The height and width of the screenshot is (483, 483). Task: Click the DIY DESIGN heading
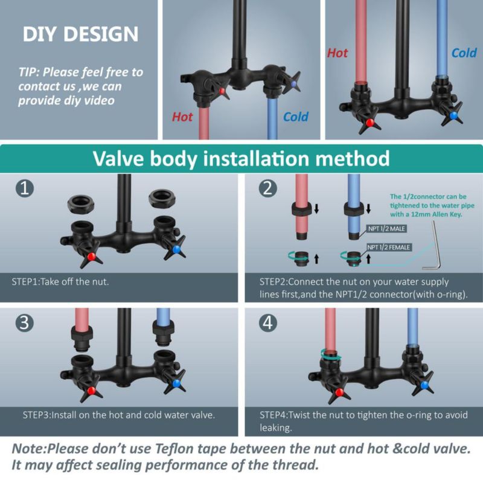[80, 34]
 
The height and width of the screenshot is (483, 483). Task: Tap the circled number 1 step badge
[25, 188]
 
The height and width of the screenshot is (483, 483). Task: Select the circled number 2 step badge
[267, 188]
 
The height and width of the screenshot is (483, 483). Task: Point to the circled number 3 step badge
[25, 323]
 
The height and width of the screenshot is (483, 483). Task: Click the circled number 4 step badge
[267, 323]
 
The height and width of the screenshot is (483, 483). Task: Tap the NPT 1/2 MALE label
[386, 229]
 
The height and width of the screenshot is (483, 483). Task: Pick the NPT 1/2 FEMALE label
[388, 248]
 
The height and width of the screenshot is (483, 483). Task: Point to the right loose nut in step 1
[162, 199]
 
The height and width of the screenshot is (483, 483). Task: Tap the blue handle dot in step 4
[424, 385]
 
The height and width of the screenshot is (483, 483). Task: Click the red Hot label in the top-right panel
[337, 53]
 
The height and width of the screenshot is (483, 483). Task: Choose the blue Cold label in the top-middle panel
[296, 117]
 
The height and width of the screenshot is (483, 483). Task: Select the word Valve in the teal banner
[118, 158]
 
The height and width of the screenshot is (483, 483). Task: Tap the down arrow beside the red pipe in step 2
[316, 208]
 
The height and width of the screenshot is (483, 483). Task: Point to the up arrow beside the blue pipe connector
[368, 259]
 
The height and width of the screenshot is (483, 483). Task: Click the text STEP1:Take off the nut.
[60, 281]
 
